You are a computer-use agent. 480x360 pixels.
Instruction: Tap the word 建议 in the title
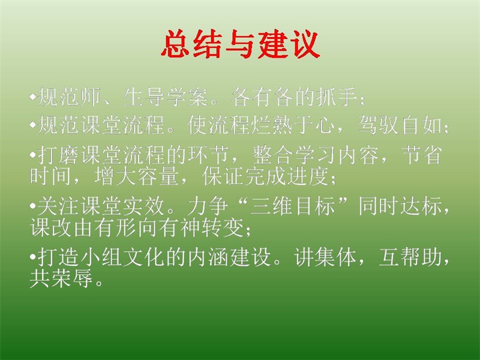coord(289,44)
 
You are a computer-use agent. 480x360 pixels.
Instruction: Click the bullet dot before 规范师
coord(33,98)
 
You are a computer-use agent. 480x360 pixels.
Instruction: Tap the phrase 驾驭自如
coord(400,125)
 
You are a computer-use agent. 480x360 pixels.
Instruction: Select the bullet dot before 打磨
coord(33,155)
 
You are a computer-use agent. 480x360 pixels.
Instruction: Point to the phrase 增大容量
coord(136,176)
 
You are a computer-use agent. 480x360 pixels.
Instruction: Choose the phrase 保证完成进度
coord(265,176)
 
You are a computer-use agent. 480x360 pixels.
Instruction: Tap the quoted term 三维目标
coord(292,206)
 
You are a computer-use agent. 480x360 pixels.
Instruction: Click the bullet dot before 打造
coord(33,257)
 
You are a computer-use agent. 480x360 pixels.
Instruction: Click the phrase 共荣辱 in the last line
coord(61,278)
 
